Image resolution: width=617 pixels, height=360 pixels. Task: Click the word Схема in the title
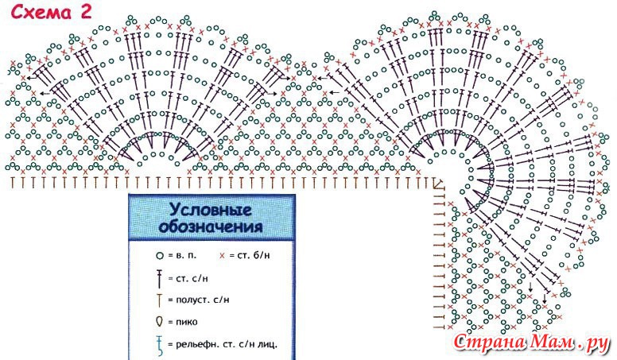(x=41, y=12)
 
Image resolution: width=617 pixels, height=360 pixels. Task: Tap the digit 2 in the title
(x=85, y=11)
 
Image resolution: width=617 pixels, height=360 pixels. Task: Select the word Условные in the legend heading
(x=211, y=210)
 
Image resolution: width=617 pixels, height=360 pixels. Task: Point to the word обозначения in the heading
(x=210, y=227)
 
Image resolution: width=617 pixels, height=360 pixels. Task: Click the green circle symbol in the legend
(x=159, y=256)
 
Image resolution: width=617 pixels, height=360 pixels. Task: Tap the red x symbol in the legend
(x=222, y=256)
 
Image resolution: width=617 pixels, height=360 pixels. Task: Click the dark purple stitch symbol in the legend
(x=159, y=279)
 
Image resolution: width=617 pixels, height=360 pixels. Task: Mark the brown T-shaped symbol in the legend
(x=159, y=300)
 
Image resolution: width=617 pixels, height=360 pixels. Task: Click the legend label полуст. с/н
(x=202, y=300)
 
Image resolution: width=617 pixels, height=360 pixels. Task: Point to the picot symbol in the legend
(x=159, y=322)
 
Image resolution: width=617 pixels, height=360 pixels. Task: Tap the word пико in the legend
(x=187, y=322)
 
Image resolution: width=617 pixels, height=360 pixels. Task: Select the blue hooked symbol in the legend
(x=159, y=345)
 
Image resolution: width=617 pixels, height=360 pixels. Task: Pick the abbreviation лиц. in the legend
(x=268, y=344)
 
